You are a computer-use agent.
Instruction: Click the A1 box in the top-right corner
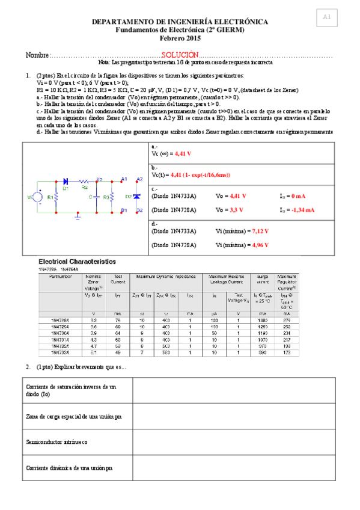pos(326,18)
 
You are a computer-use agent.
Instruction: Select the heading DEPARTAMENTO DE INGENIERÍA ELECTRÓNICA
pos(180,22)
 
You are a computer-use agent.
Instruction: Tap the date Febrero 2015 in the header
pos(180,38)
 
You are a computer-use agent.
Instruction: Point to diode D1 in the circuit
pos(66,181)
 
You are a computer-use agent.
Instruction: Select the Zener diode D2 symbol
pos(136,197)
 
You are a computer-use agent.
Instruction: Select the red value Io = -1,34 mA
pos(297,210)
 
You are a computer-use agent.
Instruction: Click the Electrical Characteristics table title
pos(77,262)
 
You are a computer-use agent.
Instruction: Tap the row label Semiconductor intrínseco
pos(56,442)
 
